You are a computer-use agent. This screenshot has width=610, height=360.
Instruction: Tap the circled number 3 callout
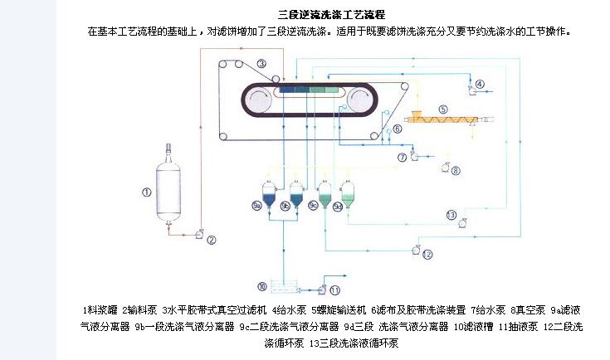click(261, 64)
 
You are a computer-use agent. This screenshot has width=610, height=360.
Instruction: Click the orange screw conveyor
click(443, 121)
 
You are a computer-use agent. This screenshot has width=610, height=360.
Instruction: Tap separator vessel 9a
click(268, 196)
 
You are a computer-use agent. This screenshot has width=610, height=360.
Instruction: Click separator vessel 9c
click(323, 196)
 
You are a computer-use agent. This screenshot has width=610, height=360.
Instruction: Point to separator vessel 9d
click(348, 196)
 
